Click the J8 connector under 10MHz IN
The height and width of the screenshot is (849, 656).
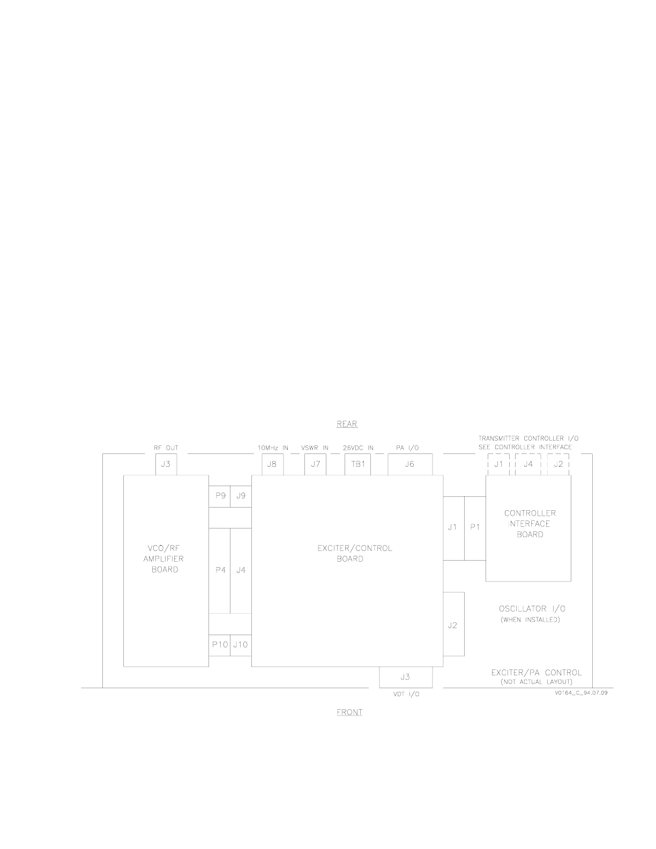coord(272,464)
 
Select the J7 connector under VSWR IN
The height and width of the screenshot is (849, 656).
coord(315,464)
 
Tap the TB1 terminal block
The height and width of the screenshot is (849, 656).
coord(357,464)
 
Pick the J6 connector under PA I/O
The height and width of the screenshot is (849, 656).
coord(410,464)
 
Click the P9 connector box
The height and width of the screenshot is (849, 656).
coord(220,496)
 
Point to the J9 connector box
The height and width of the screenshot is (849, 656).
coord(241,496)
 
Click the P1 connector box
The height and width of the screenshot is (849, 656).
coord(475,528)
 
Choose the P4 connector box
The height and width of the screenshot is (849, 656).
coord(220,571)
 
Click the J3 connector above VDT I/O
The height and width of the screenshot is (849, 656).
coord(406,677)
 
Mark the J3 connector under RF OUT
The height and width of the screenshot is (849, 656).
coord(166,464)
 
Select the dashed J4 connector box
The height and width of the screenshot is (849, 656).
coord(528,464)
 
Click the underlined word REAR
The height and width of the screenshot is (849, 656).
coord(347,424)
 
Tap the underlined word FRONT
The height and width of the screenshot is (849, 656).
coord(349,712)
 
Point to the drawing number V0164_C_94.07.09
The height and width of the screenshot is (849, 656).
coord(581,692)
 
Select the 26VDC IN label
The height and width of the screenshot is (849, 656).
coord(358,448)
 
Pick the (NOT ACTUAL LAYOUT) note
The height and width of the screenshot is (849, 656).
coord(536,682)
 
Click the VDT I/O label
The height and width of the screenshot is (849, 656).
coord(406,694)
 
